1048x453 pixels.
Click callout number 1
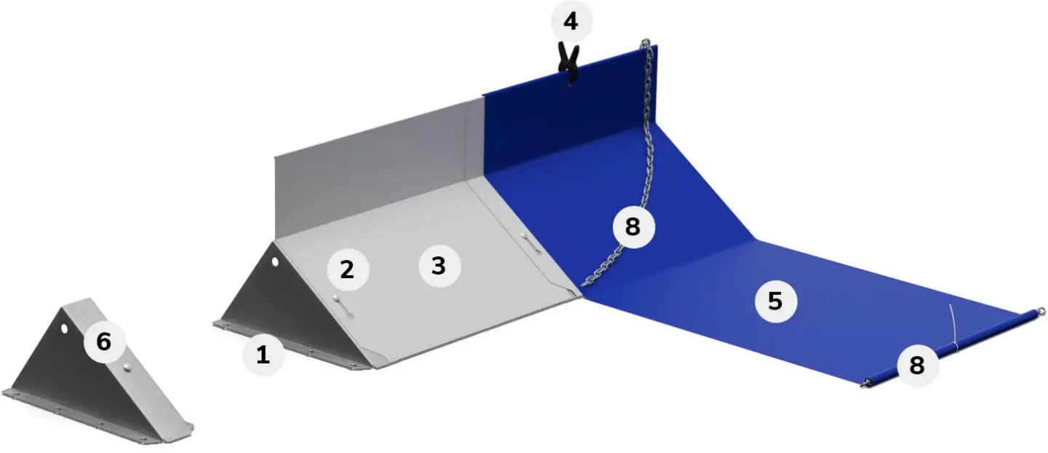(263, 355)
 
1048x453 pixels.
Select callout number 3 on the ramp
(439, 266)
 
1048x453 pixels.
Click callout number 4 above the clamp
(571, 22)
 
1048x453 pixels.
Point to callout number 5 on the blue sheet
(775, 301)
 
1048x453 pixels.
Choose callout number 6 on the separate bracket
(104, 342)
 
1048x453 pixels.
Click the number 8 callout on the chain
(633, 227)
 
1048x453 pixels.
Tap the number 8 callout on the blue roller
(917, 365)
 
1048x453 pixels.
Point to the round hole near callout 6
(64, 329)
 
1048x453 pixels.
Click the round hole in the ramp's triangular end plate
(275, 261)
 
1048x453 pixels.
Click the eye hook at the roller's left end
(864, 385)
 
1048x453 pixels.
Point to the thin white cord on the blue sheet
(953, 327)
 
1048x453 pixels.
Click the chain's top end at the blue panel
(646, 42)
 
